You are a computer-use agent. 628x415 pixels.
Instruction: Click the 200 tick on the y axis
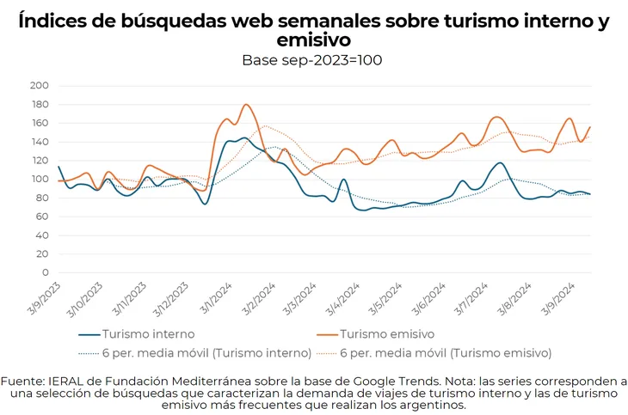click(x=39, y=85)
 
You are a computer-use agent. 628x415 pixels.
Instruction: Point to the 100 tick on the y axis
click(x=39, y=179)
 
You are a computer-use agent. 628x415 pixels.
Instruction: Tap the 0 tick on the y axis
click(x=45, y=272)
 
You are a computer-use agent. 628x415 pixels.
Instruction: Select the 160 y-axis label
click(x=39, y=123)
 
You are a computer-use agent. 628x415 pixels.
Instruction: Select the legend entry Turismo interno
click(x=148, y=333)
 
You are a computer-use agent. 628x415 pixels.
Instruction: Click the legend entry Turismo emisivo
click(x=387, y=333)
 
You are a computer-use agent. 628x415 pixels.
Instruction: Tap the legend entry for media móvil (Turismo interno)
click(x=206, y=352)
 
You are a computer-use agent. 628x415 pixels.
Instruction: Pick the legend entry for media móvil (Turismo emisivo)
click(x=446, y=352)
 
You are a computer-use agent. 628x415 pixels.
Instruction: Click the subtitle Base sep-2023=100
click(x=312, y=60)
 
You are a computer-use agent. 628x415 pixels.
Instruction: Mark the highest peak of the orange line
click(x=247, y=105)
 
